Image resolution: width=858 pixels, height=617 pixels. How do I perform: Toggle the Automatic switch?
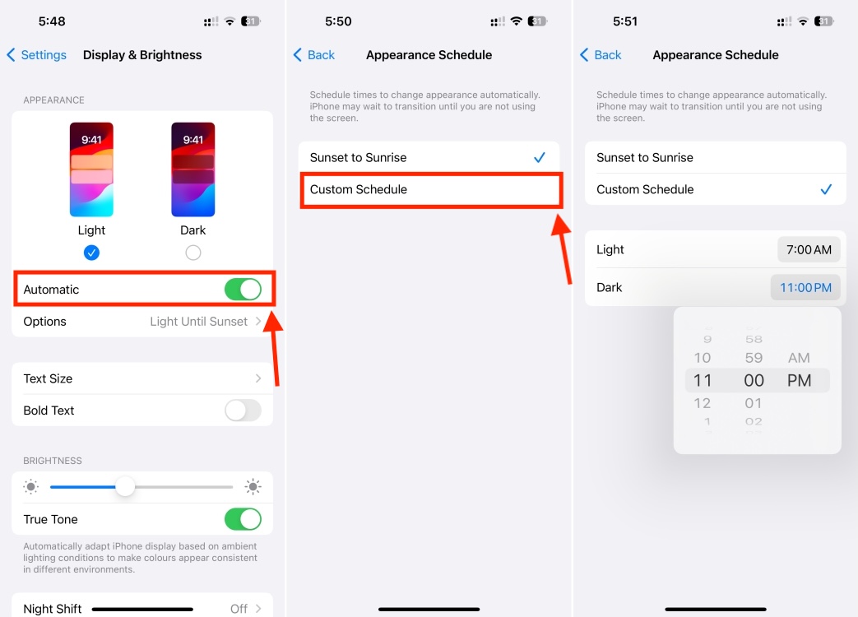[x=243, y=290]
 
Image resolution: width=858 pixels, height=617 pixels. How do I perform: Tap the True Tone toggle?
[x=243, y=519]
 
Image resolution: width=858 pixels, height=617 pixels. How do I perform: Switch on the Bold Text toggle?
[x=243, y=411]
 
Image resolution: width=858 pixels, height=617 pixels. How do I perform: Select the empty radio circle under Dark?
[x=193, y=253]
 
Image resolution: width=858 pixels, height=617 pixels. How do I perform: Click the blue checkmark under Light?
[x=91, y=253]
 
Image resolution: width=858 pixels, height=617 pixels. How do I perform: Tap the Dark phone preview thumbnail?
[x=193, y=169]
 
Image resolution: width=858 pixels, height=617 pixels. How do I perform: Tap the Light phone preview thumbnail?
[x=91, y=169]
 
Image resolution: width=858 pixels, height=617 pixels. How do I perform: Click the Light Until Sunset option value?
[x=198, y=322]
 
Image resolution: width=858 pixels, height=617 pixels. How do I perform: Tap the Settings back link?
[x=37, y=55]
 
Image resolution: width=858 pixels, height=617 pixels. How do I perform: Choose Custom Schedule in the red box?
[x=430, y=189]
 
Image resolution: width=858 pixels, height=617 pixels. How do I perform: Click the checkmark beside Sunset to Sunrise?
[x=540, y=157]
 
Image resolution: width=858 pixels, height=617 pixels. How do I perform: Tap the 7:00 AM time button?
[x=809, y=249]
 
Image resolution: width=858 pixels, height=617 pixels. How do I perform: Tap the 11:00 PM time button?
[x=805, y=288]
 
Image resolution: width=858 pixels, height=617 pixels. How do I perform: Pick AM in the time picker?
[x=799, y=358]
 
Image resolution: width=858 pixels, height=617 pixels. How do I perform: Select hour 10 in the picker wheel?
[x=702, y=358]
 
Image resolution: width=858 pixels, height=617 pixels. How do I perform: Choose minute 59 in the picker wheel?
[x=754, y=358]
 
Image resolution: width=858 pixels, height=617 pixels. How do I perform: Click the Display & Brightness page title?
[x=142, y=55]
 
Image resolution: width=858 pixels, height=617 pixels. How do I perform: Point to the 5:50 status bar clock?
[x=338, y=21]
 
